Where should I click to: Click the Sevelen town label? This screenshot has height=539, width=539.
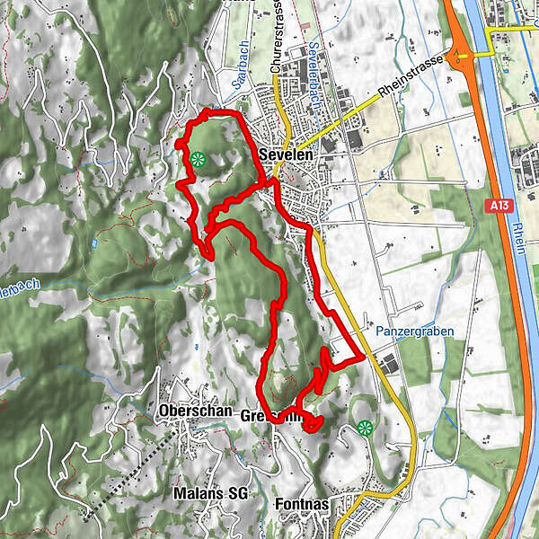[285, 155]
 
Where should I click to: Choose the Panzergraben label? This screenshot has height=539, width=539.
[421, 331]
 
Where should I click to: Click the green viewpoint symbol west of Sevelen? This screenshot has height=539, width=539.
[198, 160]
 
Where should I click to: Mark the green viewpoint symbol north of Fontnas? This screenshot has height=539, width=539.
[364, 428]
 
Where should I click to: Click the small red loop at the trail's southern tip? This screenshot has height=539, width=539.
[312, 422]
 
